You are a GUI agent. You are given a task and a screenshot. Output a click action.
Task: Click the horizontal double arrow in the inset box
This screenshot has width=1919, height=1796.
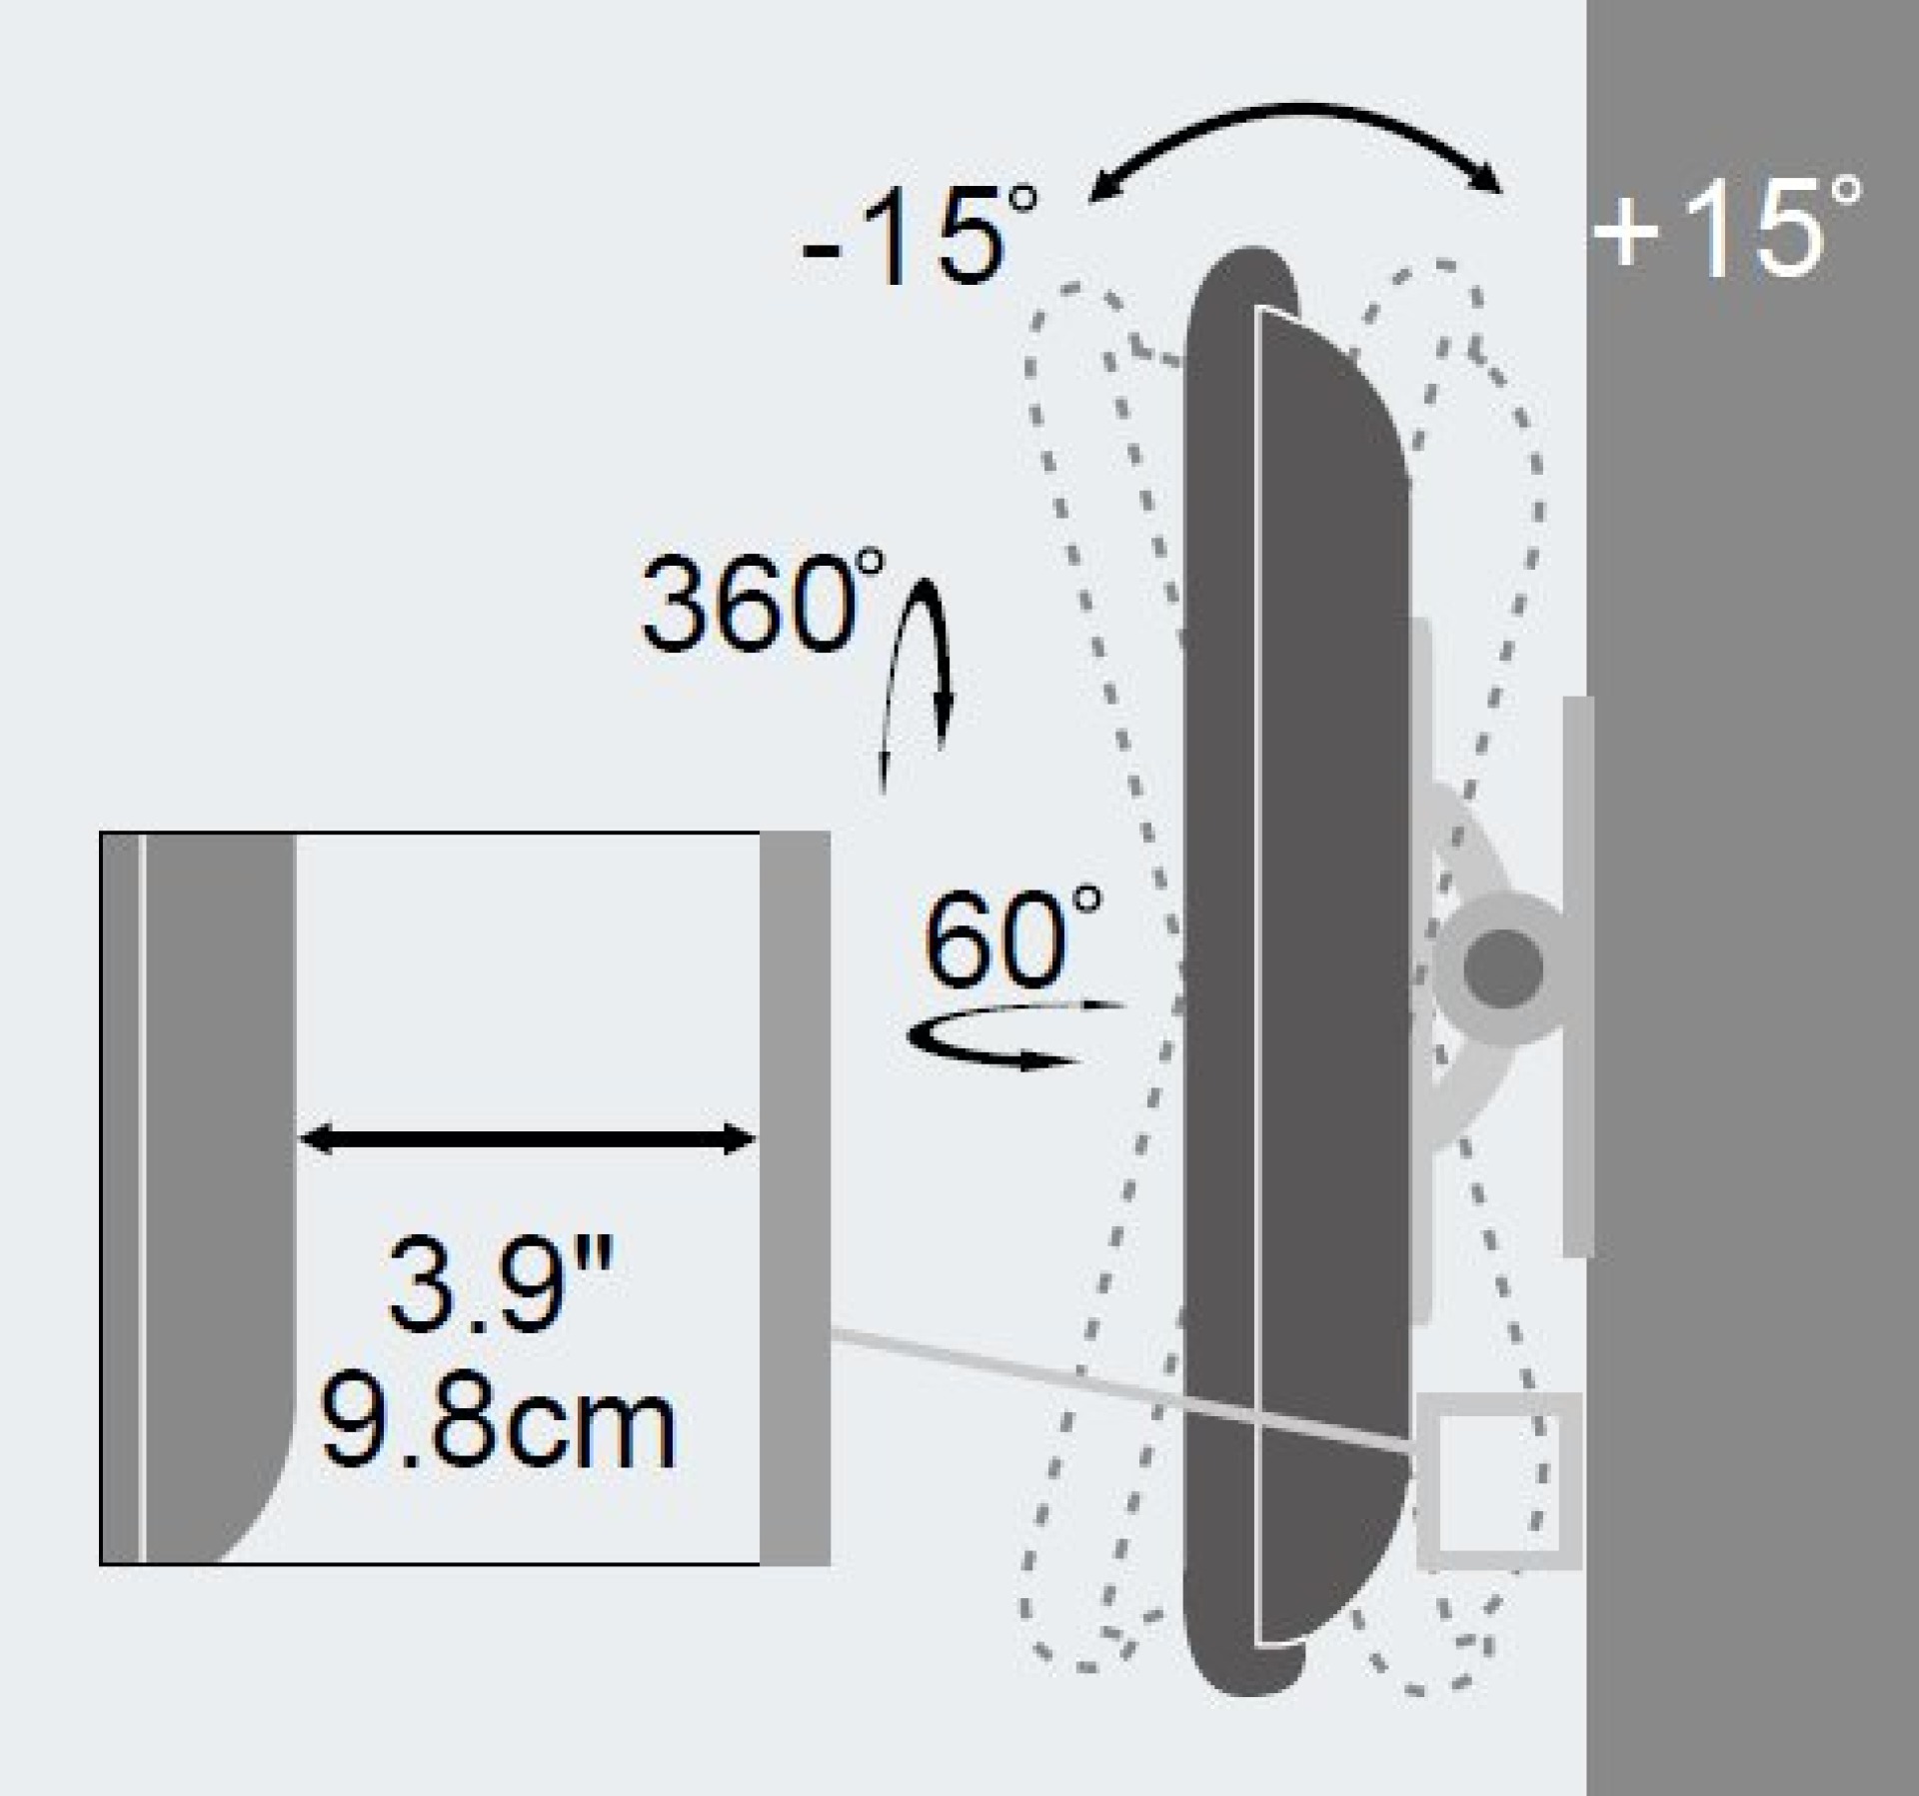(527, 1139)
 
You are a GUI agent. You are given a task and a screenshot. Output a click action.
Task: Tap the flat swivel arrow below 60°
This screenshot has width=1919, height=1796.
(1009, 1039)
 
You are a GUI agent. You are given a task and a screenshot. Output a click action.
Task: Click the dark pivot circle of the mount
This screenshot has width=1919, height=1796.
(1502, 967)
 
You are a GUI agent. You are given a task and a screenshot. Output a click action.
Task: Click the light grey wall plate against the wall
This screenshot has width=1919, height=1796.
(1576, 974)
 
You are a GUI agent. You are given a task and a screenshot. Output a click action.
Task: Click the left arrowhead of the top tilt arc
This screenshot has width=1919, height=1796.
(1099, 190)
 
